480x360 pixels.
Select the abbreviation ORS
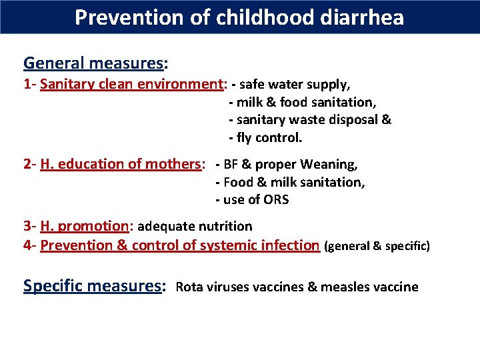click(275, 200)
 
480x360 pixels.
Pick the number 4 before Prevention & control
click(27, 245)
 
